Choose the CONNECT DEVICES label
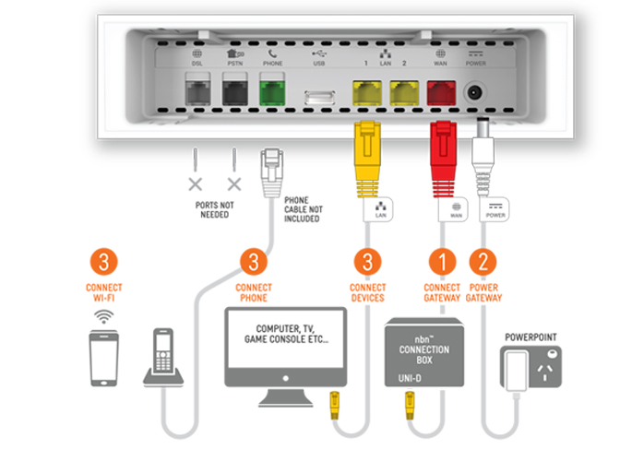(x=367, y=291)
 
